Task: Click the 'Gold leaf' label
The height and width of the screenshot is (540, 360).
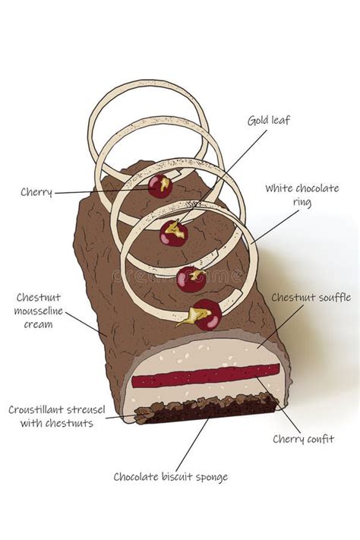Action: (x=269, y=120)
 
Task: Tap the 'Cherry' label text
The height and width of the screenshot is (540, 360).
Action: (x=36, y=193)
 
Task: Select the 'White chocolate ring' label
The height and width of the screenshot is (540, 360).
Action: (x=302, y=195)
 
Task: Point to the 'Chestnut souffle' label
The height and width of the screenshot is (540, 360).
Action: (x=311, y=298)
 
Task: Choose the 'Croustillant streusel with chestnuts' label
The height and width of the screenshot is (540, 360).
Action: (x=52, y=415)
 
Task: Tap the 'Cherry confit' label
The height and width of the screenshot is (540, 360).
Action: (x=303, y=438)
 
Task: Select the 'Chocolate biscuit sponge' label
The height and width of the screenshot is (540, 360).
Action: (x=170, y=477)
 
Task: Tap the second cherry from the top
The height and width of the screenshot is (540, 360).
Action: (x=173, y=232)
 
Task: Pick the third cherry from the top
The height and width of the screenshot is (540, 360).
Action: (x=191, y=279)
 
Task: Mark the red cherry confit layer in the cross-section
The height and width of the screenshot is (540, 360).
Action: (x=205, y=375)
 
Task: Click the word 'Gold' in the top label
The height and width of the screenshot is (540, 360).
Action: (x=258, y=120)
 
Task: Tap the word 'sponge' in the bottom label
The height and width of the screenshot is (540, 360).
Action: (x=209, y=478)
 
